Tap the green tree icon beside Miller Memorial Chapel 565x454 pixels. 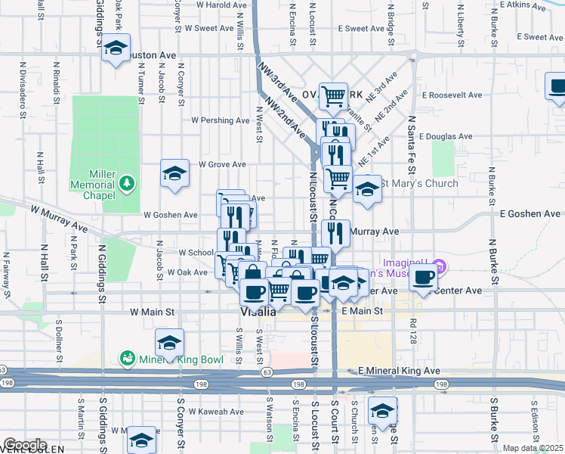pyautogui.click(x=128, y=182)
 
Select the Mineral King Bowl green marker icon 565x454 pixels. pyautogui.click(x=126, y=356)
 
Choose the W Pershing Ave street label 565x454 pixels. pyautogui.click(x=220, y=120)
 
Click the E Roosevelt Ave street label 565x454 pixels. pyautogui.click(x=452, y=95)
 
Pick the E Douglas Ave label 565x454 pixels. pyautogui.click(x=447, y=137)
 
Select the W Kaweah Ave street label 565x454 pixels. pyautogui.click(x=216, y=412)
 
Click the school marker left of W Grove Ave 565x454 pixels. pyautogui.click(x=174, y=174)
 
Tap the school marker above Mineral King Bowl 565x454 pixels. pyautogui.click(x=169, y=343)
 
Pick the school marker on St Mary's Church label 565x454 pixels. pyautogui.click(x=368, y=188)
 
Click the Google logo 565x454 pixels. pyautogui.click(x=24, y=445)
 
